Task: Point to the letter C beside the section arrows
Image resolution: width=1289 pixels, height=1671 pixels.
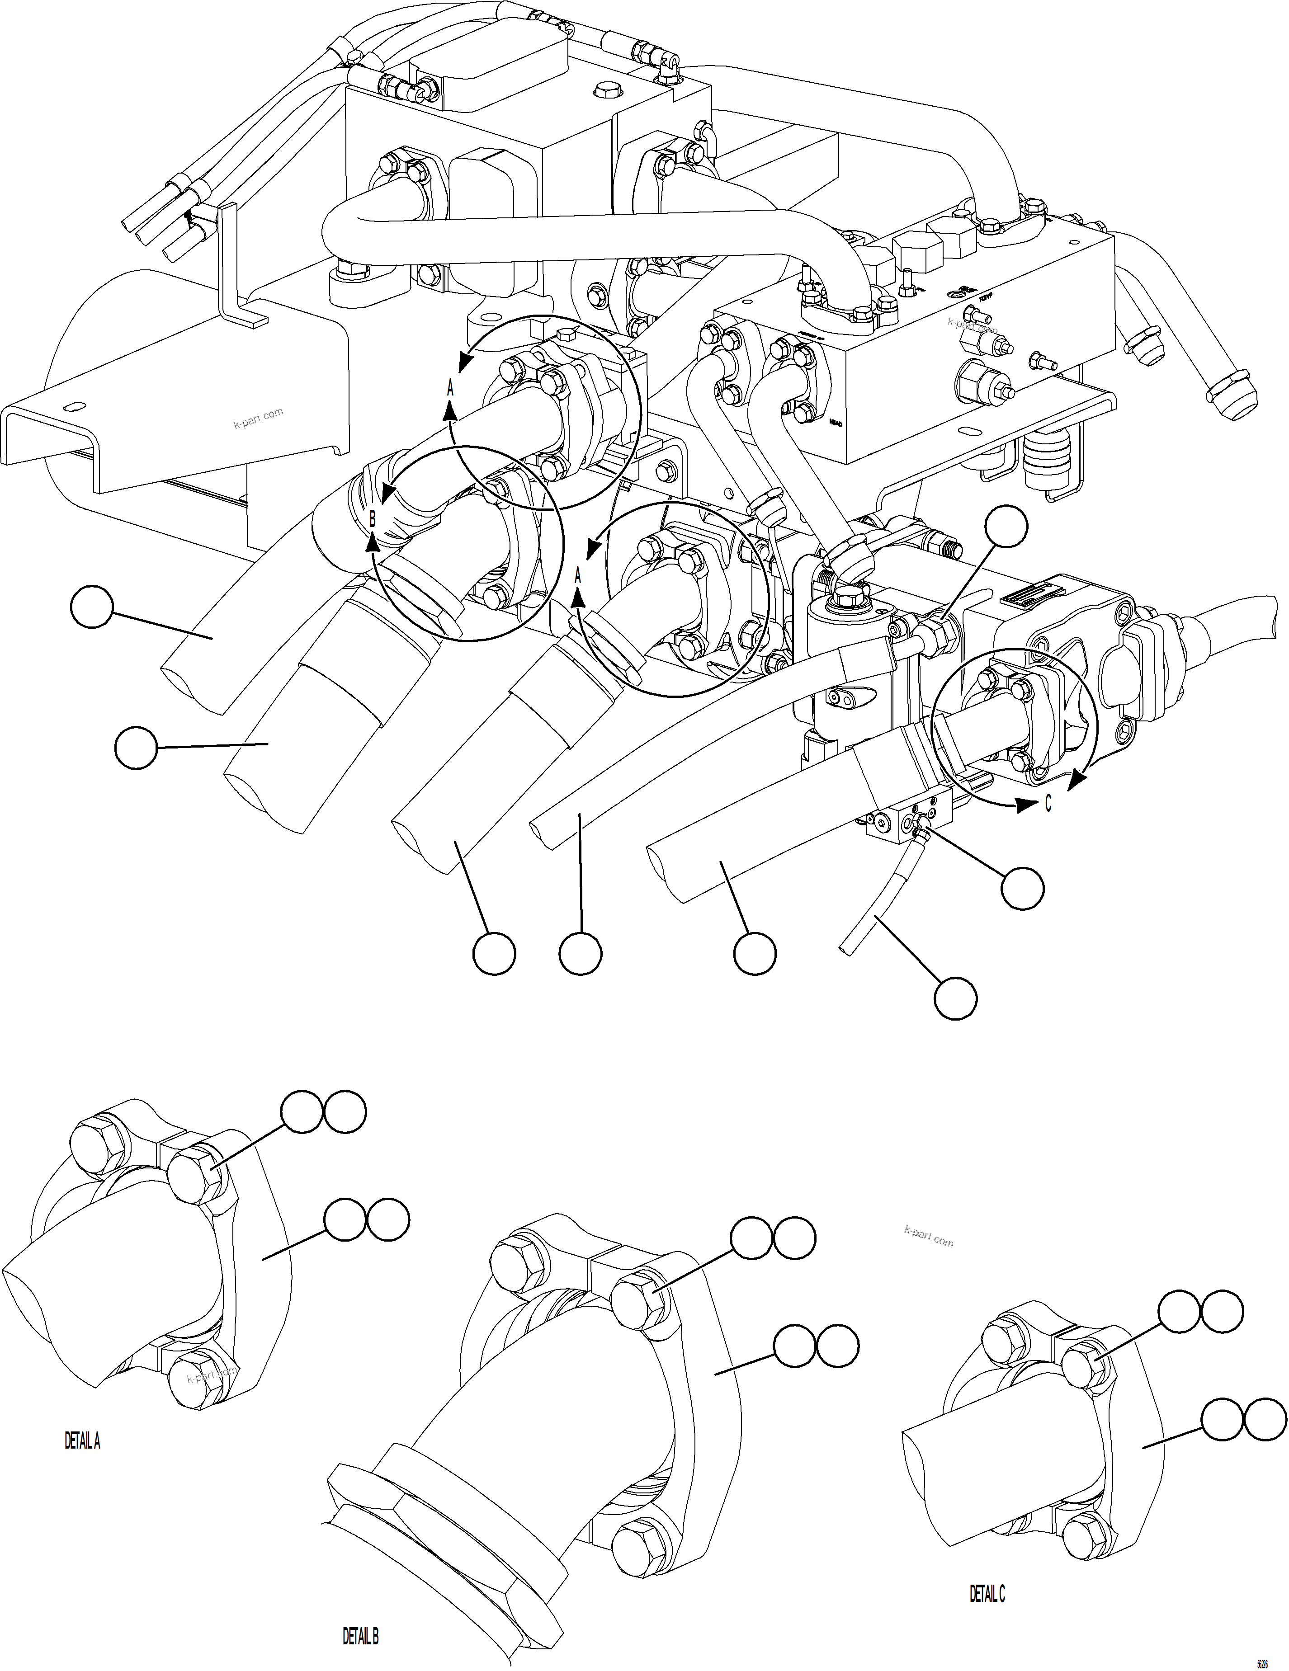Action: coord(1048,803)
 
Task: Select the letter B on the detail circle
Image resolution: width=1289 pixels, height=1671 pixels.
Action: coord(373,519)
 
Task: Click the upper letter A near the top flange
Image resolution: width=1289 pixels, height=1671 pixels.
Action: coord(450,388)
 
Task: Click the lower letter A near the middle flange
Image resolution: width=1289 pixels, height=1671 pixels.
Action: coord(578,574)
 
